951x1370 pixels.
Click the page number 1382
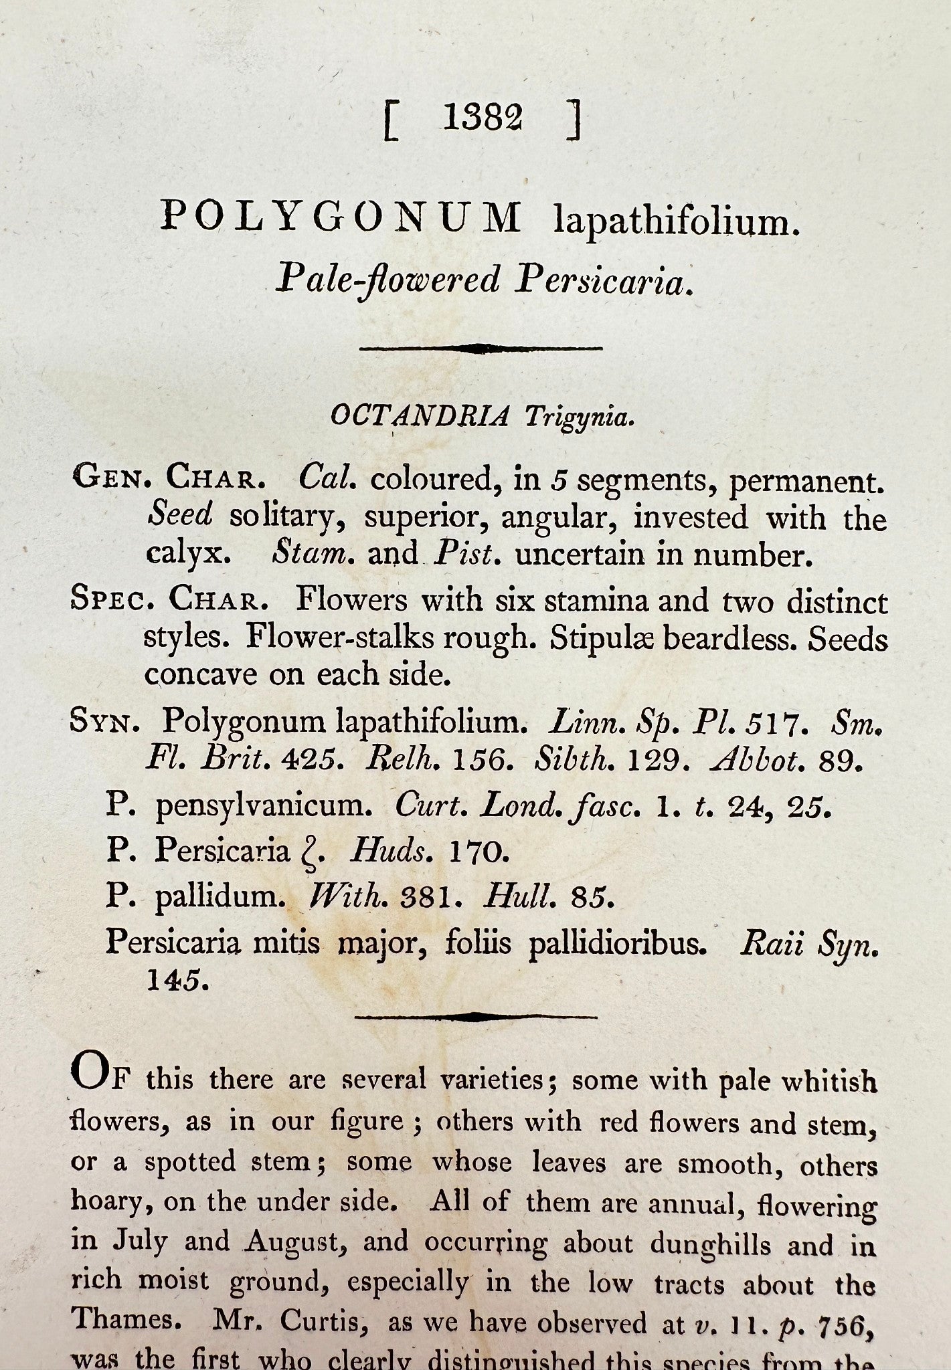[482, 118]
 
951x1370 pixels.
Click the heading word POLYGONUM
[341, 217]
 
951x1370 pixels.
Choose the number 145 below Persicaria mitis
[173, 980]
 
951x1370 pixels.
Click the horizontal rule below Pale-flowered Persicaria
[481, 348]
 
